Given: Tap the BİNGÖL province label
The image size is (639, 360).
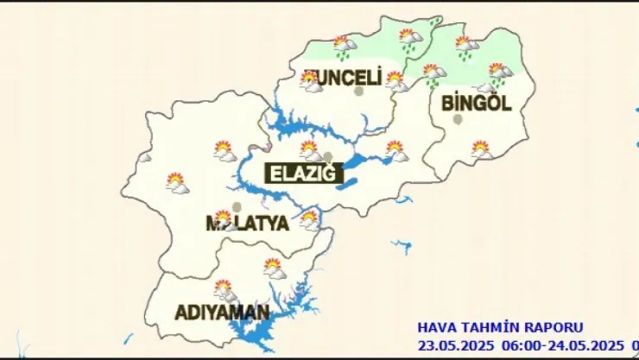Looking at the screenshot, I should (x=477, y=104).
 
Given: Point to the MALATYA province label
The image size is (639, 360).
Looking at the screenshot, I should (x=247, y=224).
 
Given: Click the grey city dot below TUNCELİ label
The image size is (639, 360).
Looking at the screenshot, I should (x=358, y=91).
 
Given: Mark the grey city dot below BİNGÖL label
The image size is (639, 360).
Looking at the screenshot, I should (x=458, y=120).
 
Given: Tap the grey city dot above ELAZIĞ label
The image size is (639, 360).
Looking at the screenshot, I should (x=327, y=156).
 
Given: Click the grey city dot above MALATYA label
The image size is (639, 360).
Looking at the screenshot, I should (x=237, y=206).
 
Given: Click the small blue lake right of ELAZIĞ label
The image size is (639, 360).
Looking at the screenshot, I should (x=347, y=184).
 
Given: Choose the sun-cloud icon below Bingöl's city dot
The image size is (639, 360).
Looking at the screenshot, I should (x=481, y=149).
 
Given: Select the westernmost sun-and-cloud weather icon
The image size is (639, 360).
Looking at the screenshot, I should (x=177, y=182).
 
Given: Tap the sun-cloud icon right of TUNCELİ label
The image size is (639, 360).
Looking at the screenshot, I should (x=395, y=80).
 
